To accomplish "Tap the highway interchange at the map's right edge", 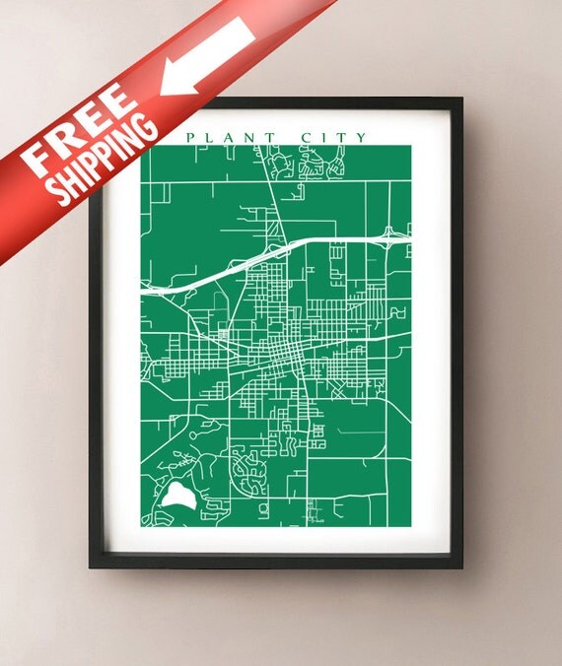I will click(x=393, y=234).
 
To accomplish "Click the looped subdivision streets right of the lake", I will click(x=247, y=472).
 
